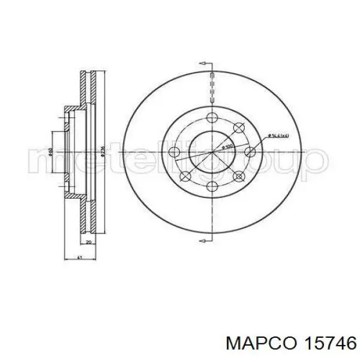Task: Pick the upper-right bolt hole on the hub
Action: pos(239,127)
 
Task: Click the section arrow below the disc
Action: pos(204,241)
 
